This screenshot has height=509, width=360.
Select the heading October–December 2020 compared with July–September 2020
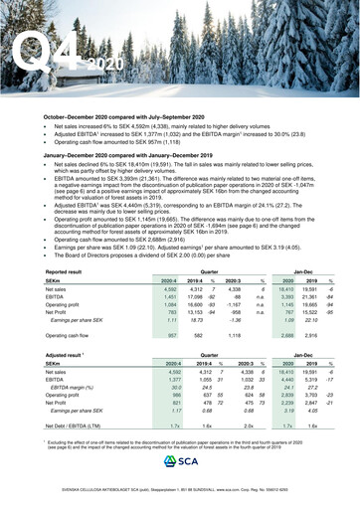click(x=130, y=117)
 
